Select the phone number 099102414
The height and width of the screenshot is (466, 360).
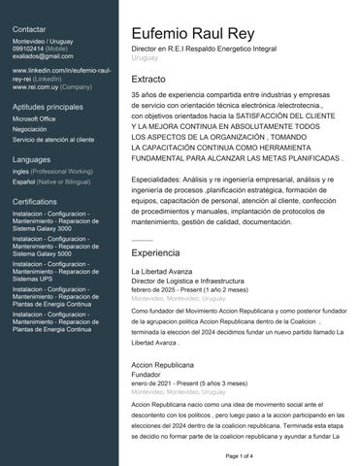(27, 48)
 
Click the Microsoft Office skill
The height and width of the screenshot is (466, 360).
(34, 118)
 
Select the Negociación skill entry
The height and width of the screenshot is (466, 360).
(30, 129)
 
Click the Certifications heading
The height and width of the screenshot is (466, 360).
(35, 200)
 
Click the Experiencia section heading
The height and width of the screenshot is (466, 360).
(155, 251)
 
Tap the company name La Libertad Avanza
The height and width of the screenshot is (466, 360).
(160, 272)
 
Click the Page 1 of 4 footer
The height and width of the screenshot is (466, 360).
(239, 455)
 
